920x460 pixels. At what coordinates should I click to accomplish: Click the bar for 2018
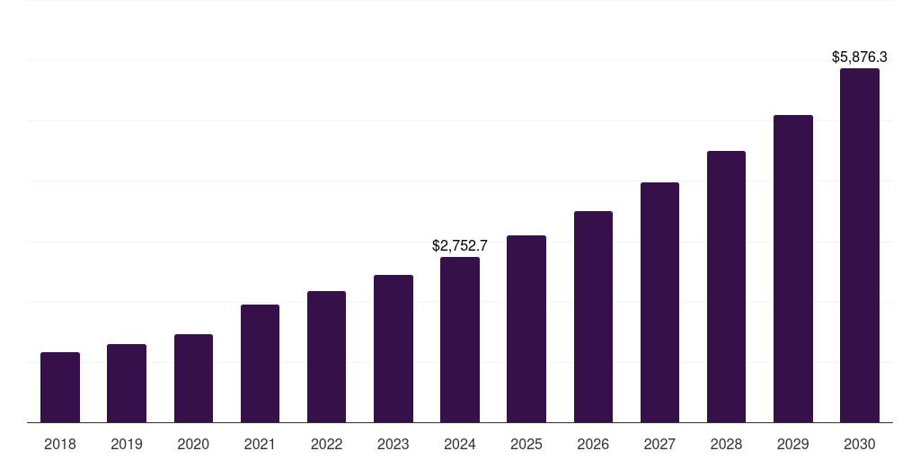pyautogui.click(x=60, y=387)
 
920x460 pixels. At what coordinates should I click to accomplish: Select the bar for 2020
pyautogui.click(x=193, y=378)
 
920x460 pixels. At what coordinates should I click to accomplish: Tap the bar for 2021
pyautogui.click(x=260, y=363)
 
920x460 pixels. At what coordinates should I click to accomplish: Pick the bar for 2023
pyautogui.click(x=394, y=349)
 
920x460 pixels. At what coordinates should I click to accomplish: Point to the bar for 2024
pyautogui.click(x=460, y=340)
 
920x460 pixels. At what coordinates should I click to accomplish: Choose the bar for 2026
pyautogui.click(x=593, y=316)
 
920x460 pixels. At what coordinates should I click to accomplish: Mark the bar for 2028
pyautogui.click(x=726, y=287)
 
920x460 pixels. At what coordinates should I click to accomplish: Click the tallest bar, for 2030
pyautogui.click(x=860, y=245)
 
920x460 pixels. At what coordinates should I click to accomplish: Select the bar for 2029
pyautogui.click(x=793, y=269)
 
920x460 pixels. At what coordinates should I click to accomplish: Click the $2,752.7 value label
pyautogui.click(x=460, y=244)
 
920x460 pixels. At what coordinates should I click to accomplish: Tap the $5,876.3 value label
pyautogui.click(x=860, y=57)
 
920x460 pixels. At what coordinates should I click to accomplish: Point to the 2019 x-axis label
pyautogui.click(x=127, y=444)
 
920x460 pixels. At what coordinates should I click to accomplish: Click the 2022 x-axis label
pyautogui.click(x=326, y=444)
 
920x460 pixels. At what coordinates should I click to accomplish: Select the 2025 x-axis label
pyautogui.click(x=526, y=444)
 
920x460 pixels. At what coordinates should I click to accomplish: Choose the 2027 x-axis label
pyautogui.click(x=659, y=444)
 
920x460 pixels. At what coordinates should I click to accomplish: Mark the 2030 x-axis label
pyautogui.click(x=860, y=444)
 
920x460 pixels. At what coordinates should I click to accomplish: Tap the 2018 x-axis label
pyautogui.click(x=60, y=444)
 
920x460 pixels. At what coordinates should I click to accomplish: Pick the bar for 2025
pyautogui.click(x=526, y=329)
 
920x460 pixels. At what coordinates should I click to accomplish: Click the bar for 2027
pyautogui.click(x=659, y=302)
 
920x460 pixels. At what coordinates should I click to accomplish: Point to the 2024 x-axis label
pyautogui.click(x=460, y=444)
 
